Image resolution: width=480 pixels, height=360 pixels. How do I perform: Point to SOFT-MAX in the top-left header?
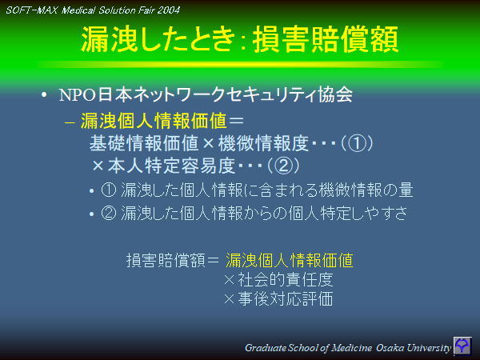pos(28,10)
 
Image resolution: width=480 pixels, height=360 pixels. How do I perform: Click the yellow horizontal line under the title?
pos(240,64)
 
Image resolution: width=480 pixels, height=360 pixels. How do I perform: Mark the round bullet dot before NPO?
pos(45,95)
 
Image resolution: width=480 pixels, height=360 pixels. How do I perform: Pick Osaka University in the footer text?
pos(408,348)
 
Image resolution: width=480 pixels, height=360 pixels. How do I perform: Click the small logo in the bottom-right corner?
pos(463,346)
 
